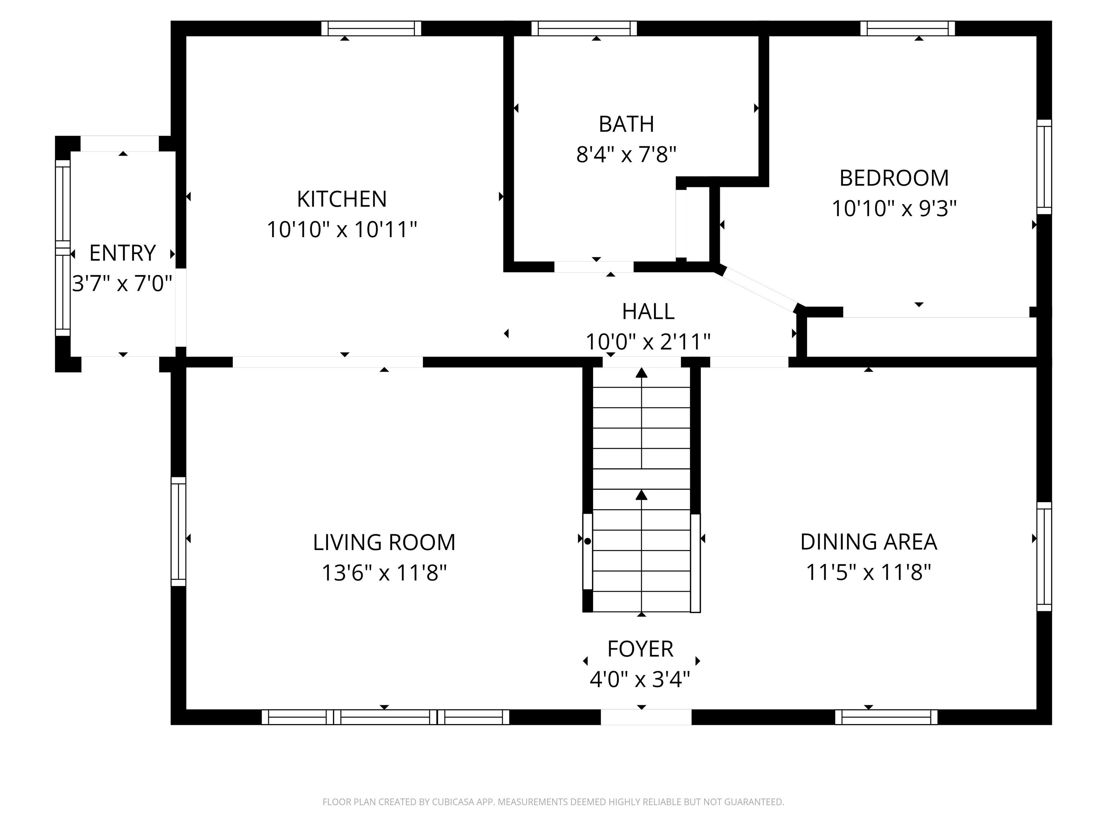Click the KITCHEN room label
pos(342,199)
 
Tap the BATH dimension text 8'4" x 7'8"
pos(626,155)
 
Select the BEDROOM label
pos(894,178)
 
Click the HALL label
pos(648,312)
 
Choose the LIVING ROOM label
pos(384,542)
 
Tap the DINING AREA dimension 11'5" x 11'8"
pos(868,572)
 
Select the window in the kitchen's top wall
pos(371,28)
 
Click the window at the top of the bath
pos(584,28)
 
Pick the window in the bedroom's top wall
pos(907,28)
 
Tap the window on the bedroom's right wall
pos(1044,166)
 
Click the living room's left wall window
pos(178,531)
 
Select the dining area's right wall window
pos(1044,556)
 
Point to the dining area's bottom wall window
pos(886,717)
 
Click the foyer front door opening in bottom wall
pos(646,717)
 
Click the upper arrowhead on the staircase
pos(641,373)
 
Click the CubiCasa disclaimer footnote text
pos(553,802)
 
